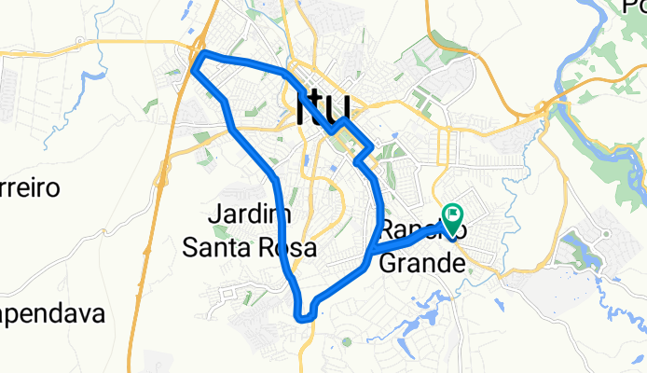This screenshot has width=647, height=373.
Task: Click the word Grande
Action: [x=421, y=264]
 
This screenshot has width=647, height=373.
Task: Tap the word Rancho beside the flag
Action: [x=410, y=230]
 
